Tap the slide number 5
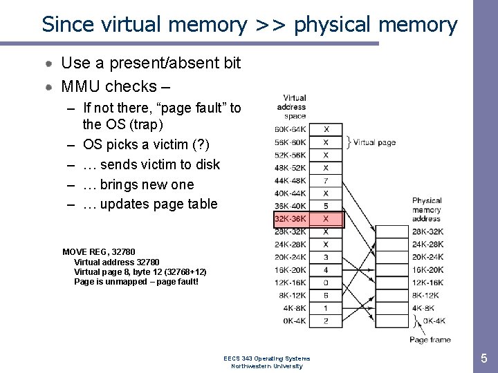tap(483, 358)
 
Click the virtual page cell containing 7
tap(326, 180)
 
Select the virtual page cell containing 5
tap(326, 206)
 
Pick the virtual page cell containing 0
tap(326, 283)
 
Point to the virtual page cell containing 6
tap(326, 295)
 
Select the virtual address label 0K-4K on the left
tap(295, 321)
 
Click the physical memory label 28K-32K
tap(427, 231)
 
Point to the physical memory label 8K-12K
tap(427, 296)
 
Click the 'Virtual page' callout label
tap(374, 143)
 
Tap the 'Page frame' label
tap(430, 339)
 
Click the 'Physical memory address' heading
tap(427, 209)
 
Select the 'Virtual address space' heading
tap(291, 107)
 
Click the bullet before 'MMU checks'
tap(49, 87)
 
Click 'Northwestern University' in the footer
tap(266, 366)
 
